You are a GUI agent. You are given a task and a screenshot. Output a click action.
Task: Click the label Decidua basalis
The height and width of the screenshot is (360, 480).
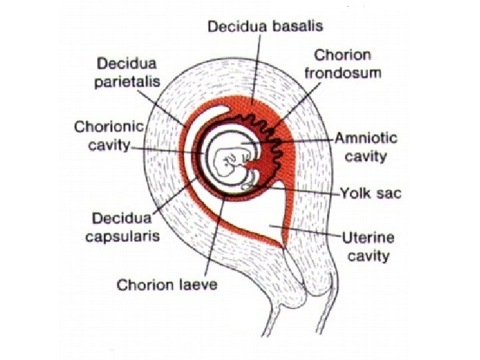pyautogui.click(x=266, y=26)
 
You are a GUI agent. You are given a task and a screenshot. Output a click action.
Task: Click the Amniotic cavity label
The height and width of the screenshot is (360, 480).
pyautogui.click(x=365, y=147)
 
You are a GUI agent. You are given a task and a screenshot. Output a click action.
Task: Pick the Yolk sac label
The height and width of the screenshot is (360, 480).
pyautogui.click(x=367, y=193)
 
